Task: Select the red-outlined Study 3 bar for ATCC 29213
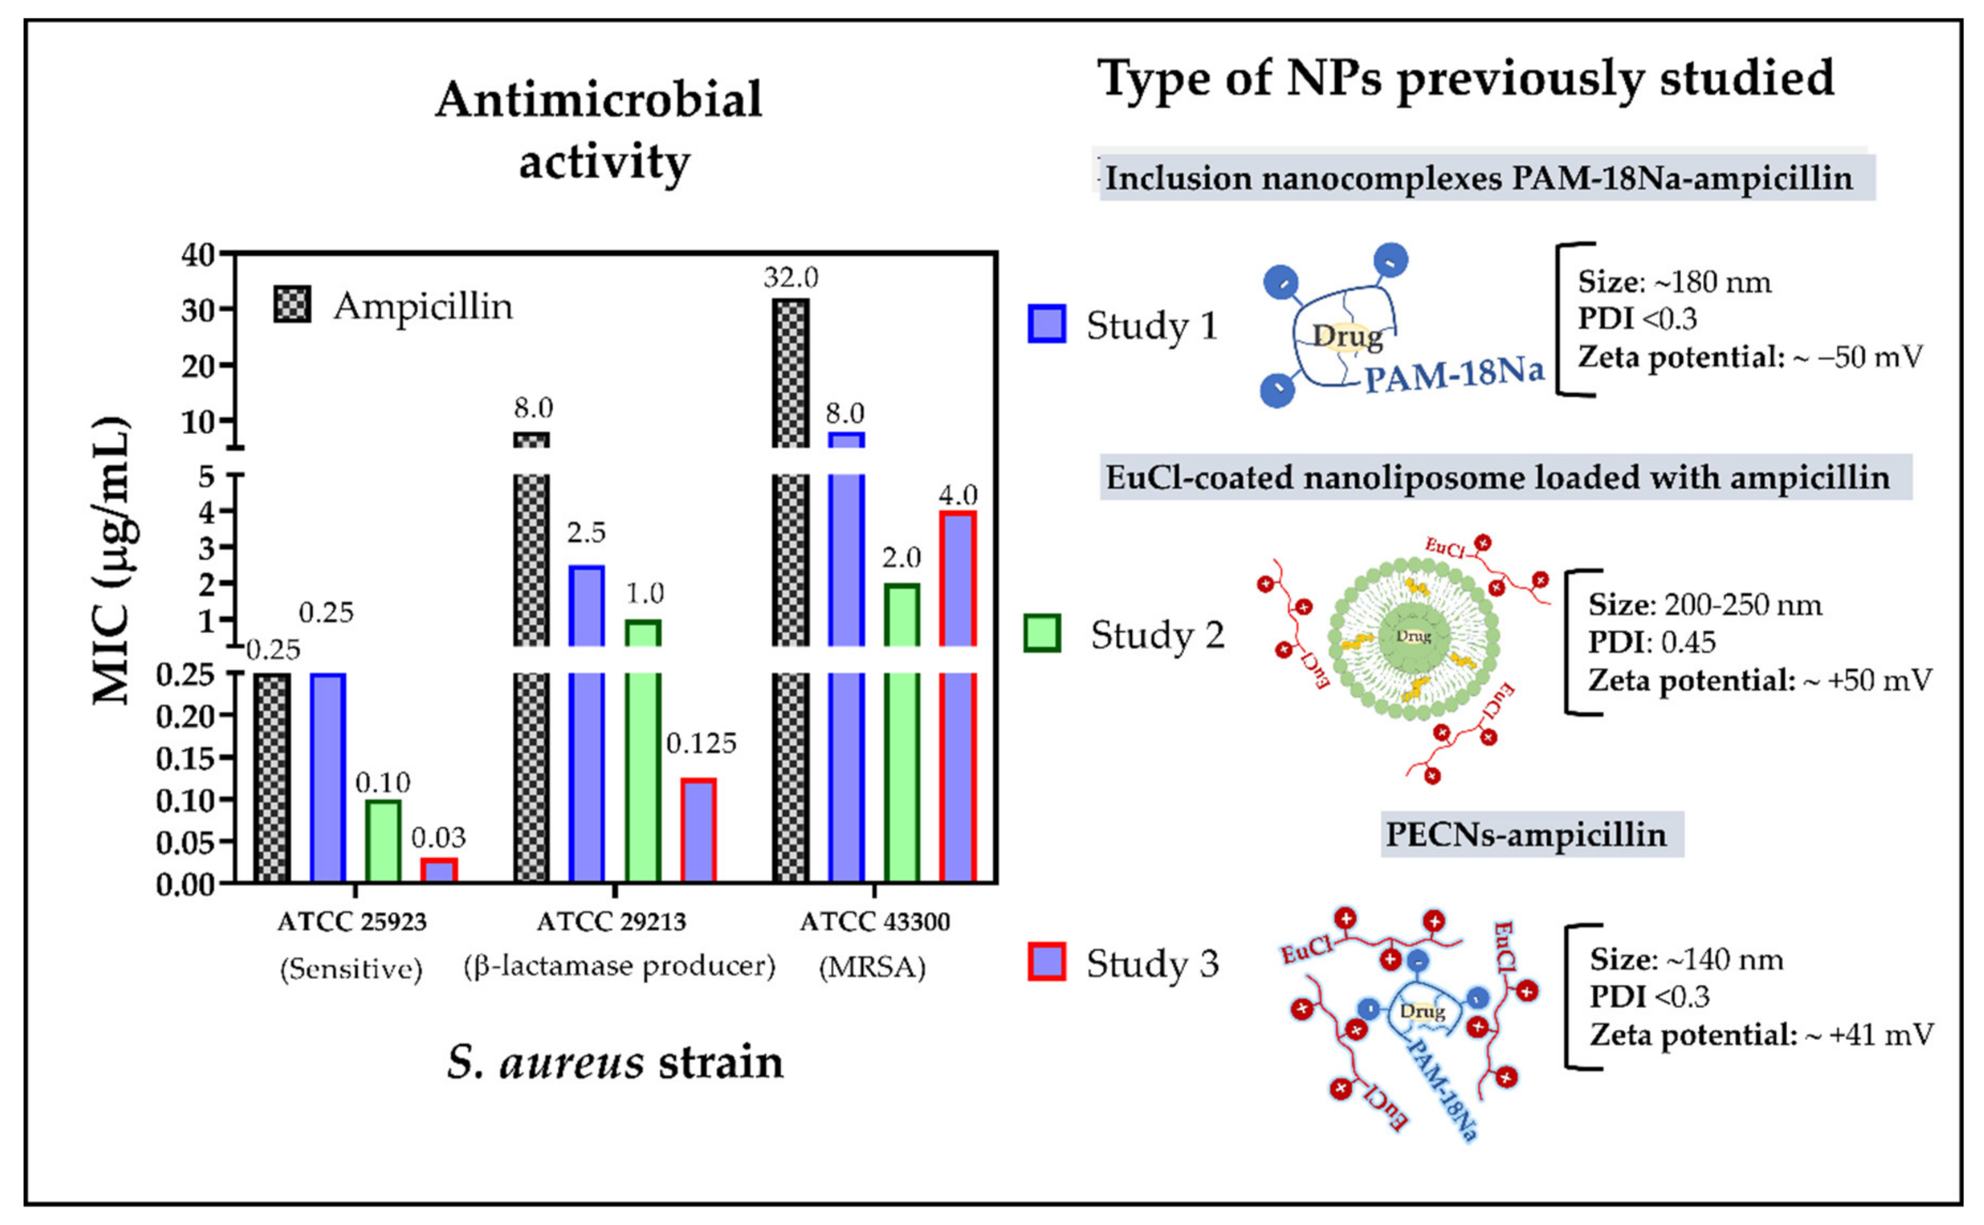pos(698,830)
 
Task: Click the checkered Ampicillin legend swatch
pos(292,305)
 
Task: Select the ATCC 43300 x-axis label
pos(875,922)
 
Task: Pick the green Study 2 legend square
pos(1042,633)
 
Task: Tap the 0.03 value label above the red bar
pos(439,837)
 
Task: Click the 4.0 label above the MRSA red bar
pos(957,494)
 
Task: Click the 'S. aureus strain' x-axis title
pos(615,1062)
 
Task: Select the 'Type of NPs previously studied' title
pos(1466,79)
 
